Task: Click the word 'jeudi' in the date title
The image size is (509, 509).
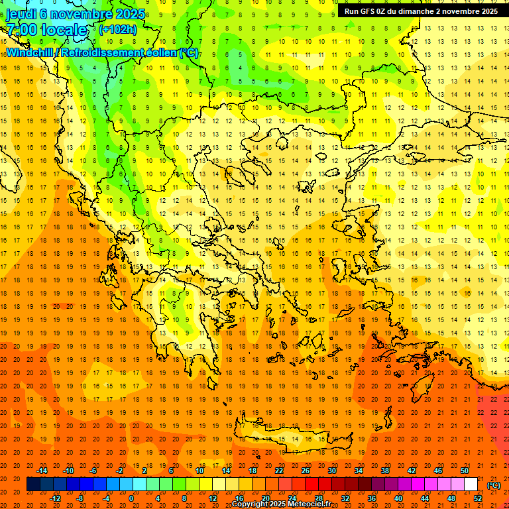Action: tap(22, 14)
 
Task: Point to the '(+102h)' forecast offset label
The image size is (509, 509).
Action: tap(118, 29)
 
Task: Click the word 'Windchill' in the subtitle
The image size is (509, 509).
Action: tap(29, 52)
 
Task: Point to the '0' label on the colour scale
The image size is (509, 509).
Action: tap(131, 498)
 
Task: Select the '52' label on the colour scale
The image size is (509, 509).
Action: tap(479, 498)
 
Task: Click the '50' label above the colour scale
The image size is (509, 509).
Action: tap(465, 471)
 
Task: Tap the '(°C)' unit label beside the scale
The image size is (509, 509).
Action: tap(494, 485)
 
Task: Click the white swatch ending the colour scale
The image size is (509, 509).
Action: tap(471, 484)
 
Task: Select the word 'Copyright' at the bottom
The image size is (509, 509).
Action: tap(250, 504)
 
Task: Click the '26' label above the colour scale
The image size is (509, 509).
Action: tap(306, 471)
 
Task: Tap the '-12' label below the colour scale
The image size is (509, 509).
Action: tap(56, 498)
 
